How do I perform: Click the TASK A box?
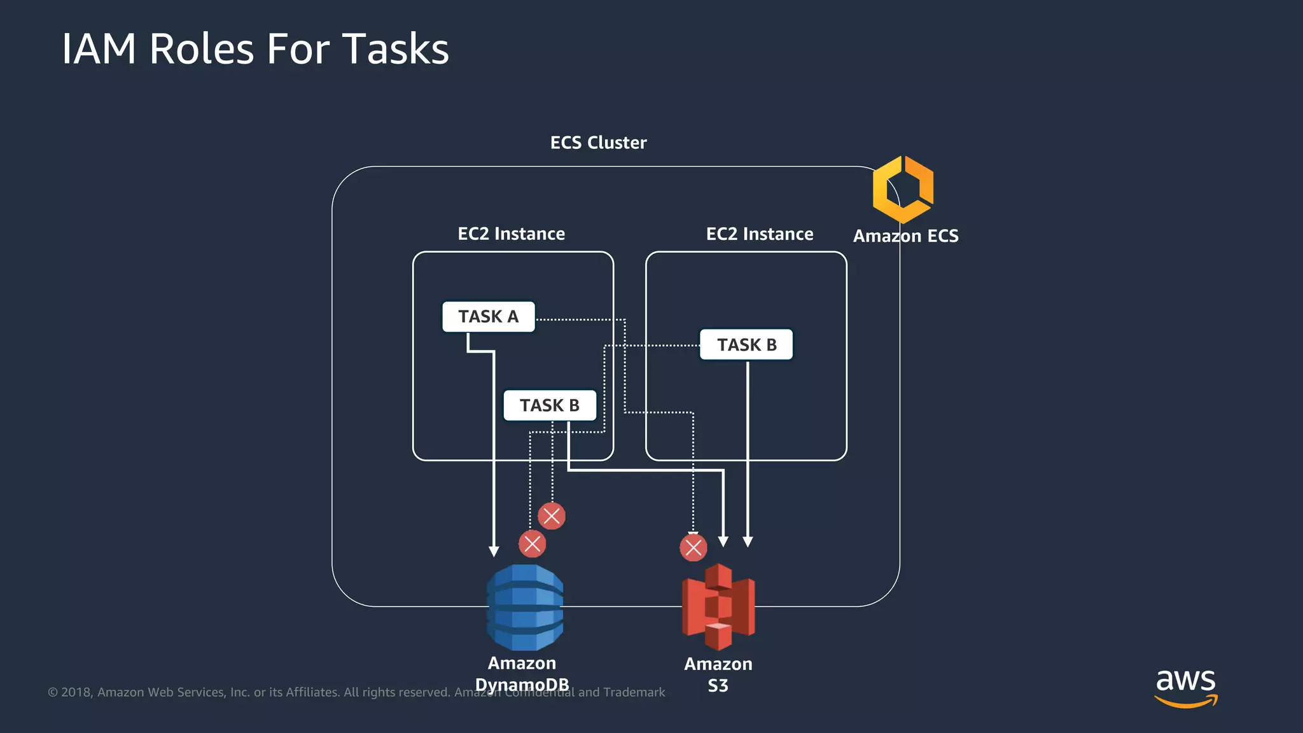pos(488,316)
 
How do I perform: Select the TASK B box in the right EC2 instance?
pos(746,344)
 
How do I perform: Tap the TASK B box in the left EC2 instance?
pos(550,405)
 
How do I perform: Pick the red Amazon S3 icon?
pos(718,607)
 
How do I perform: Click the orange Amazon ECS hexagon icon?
pos(903,190)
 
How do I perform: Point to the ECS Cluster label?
pos(598,143)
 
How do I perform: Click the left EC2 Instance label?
pos(511,234)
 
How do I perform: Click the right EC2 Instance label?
pos(760,234)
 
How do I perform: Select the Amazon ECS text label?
pos(905,236)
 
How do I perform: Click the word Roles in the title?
pos(201,49)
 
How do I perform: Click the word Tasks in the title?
pos(395,49)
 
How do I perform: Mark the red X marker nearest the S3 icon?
pos(693,547)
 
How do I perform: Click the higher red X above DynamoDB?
pos(552,516)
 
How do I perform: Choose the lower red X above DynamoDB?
pos(533,544)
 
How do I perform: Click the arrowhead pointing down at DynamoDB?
pos(494,551)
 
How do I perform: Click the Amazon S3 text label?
pos(718,674)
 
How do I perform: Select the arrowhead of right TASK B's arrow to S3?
pos(748,541)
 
